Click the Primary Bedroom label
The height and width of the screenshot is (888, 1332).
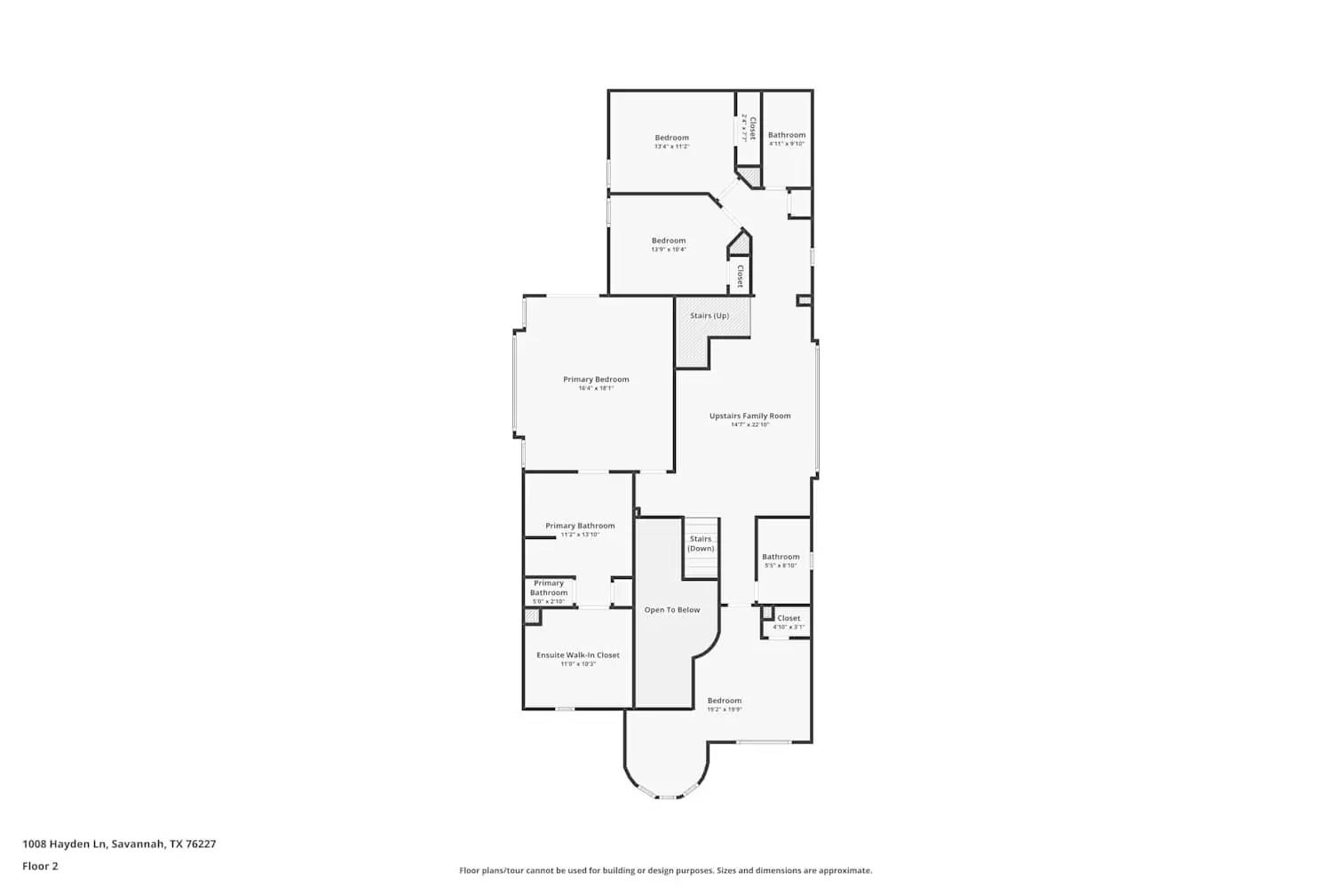click(596, 379)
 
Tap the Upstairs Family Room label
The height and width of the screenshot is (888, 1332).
click(749, 416)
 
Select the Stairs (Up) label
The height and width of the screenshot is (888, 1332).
click(710, 315)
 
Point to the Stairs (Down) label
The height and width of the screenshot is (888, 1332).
click(701, 543)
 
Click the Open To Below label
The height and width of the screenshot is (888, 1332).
click(672, 610)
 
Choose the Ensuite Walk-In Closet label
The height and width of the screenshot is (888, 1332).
click(578, 655)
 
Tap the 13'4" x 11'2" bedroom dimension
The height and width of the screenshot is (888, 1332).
click(671, 147)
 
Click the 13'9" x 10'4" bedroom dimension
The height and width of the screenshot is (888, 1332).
click(669, 250)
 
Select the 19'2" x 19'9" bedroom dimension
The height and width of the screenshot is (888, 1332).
click(725, 710)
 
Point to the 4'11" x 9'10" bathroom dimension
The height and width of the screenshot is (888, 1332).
click(787, 144)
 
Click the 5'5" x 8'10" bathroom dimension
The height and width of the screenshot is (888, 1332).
click(781, 566)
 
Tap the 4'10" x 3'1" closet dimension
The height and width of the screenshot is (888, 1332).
click(789, 627)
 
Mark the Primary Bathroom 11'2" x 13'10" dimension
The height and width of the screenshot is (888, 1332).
click(580, 535)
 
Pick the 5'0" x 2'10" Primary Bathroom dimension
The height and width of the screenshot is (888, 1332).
click(549, 601)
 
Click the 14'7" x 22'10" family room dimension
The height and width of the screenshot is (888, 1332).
click(749, 424)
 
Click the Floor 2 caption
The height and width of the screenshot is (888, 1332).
click(40, 866)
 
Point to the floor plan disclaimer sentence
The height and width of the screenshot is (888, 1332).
click(665, 870)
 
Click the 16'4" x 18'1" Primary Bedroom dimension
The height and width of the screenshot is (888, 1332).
click(596, 388)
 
